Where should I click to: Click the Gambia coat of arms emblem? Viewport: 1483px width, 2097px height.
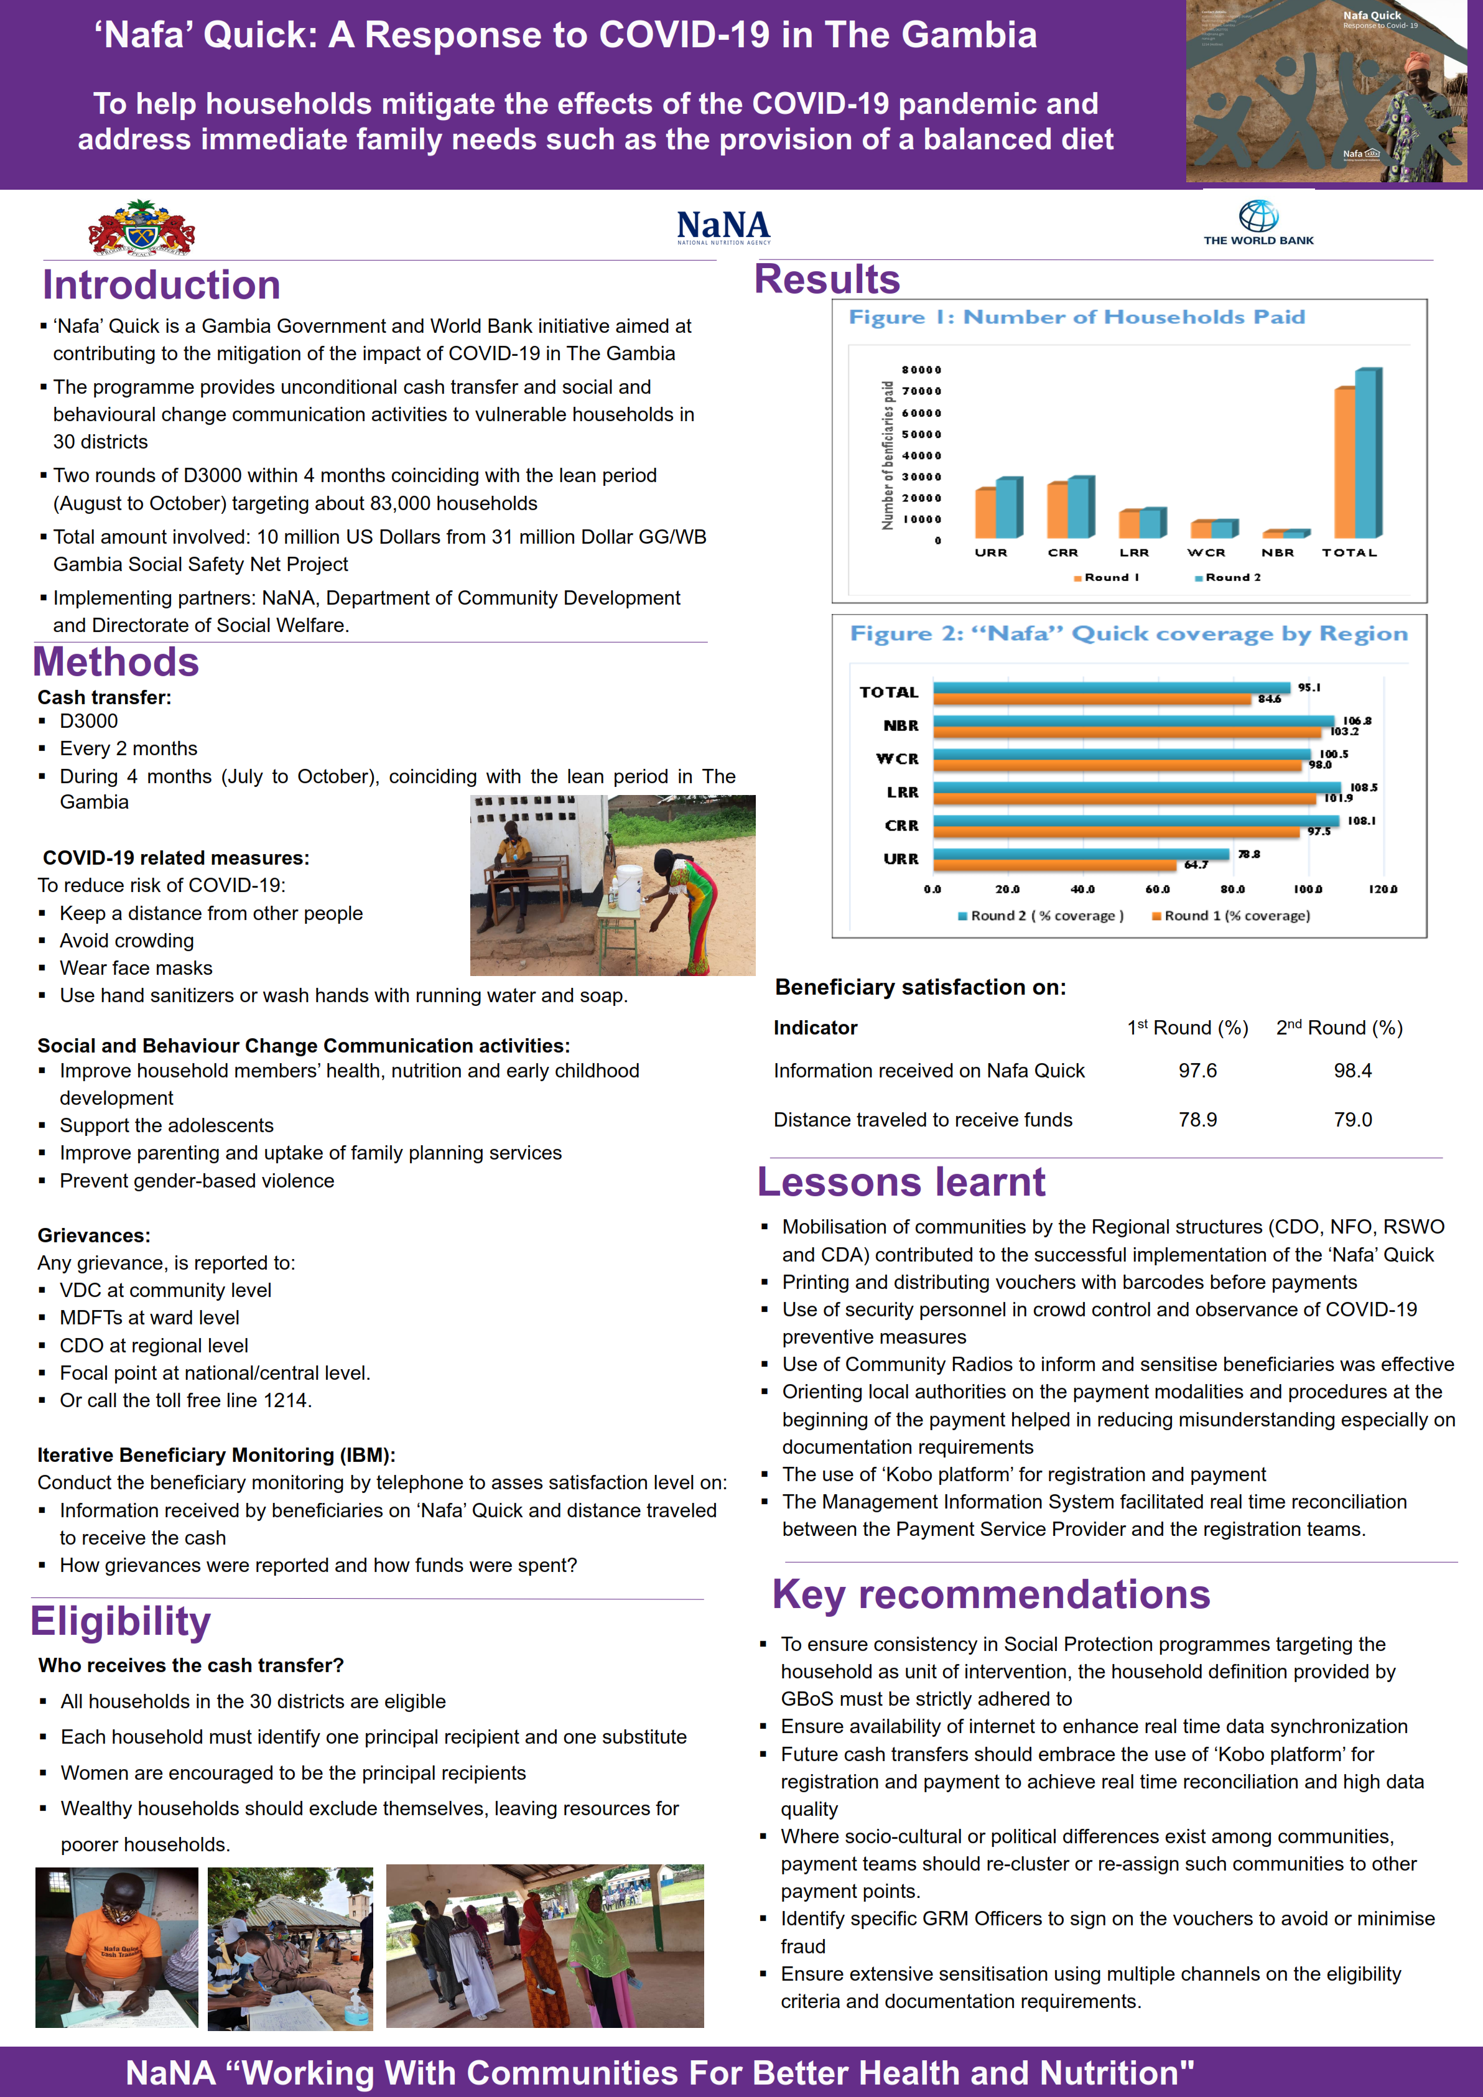tap(142, 228)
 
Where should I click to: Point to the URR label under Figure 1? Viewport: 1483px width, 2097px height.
tap(991, 552)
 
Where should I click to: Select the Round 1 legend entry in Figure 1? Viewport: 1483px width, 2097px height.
tap(1106, 577)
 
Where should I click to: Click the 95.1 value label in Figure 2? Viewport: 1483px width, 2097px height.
tap(1309, 687)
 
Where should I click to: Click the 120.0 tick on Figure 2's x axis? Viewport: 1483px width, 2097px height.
tap(1383, 889)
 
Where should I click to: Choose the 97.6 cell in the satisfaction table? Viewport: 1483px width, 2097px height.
tap(1197, 1071)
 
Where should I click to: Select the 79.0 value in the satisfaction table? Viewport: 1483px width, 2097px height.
tap(1352, 1120)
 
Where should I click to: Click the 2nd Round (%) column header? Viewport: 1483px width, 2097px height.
tap(1339, 1028)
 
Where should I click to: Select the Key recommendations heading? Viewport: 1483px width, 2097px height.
tap(991, 1594)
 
